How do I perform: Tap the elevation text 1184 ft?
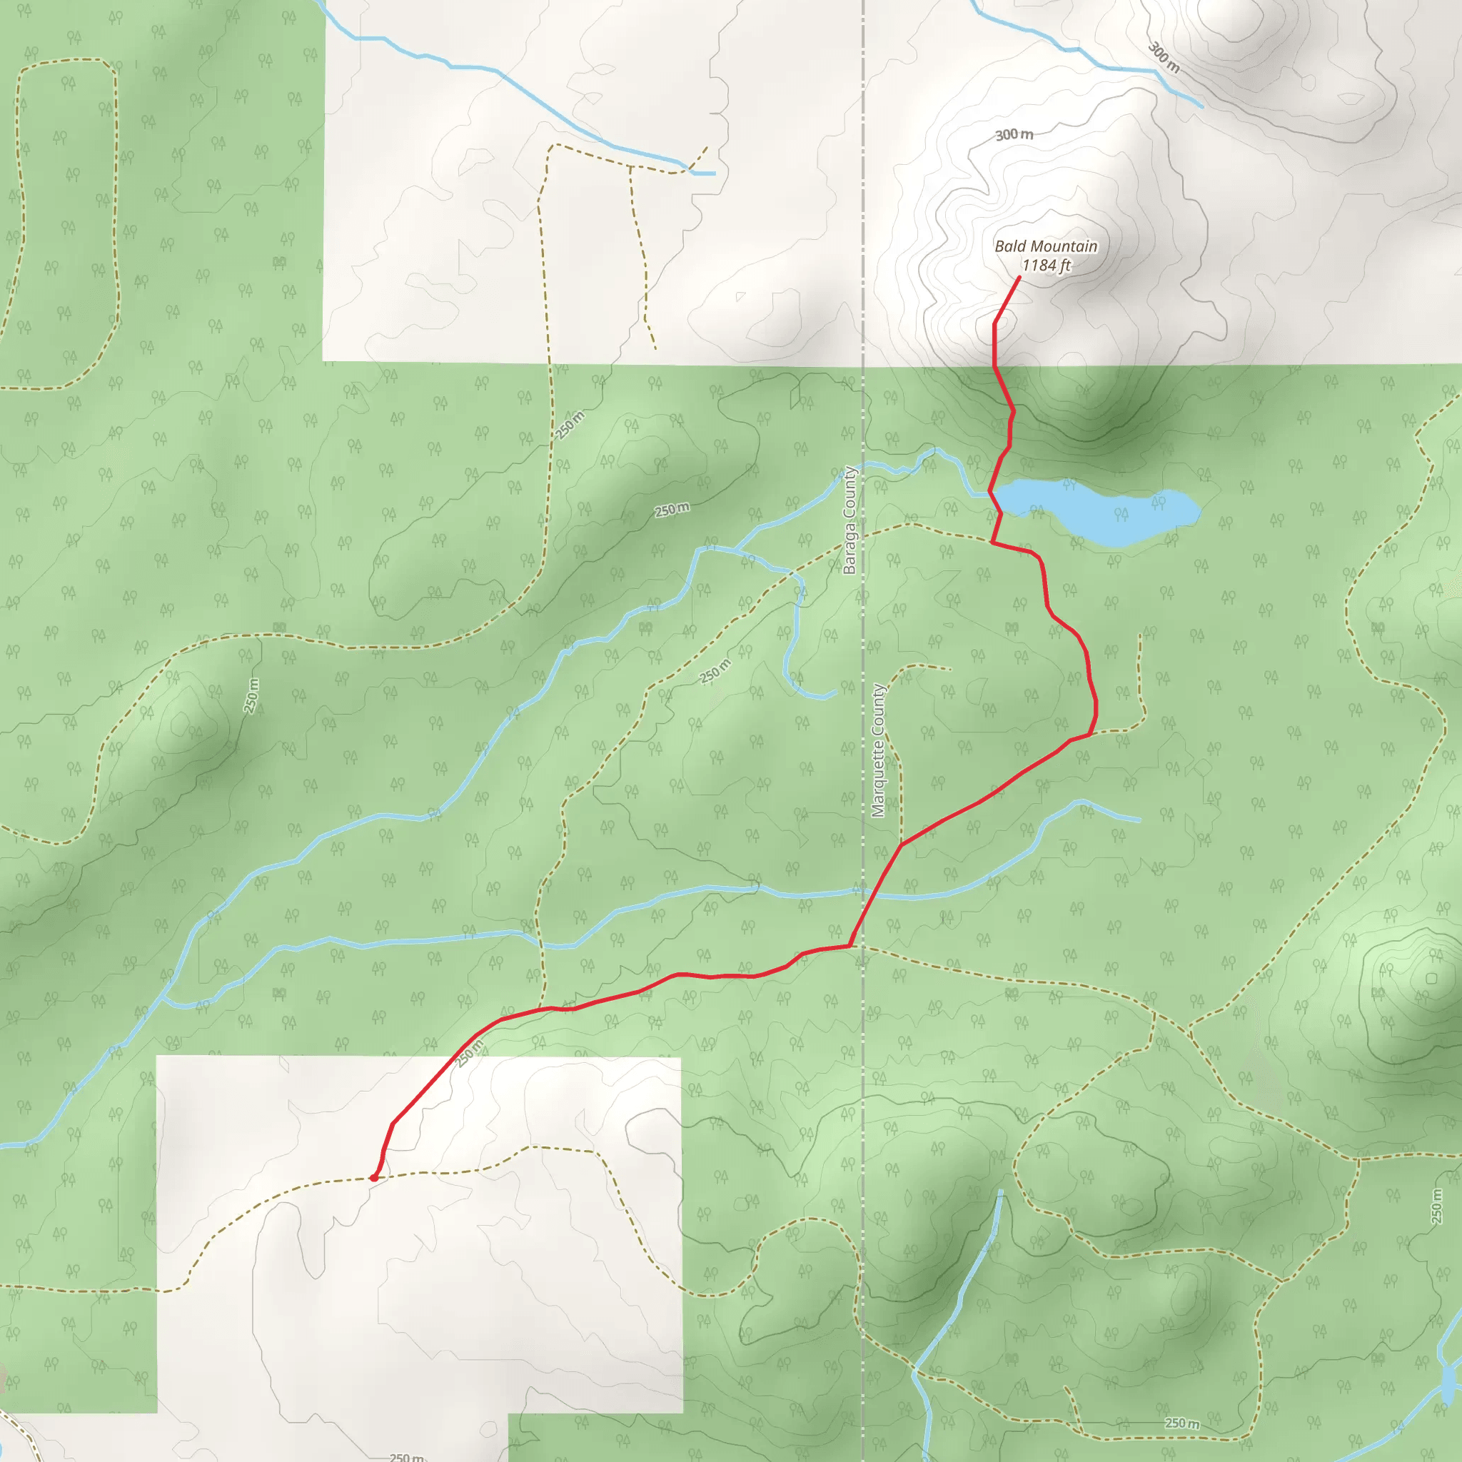point(1046,266)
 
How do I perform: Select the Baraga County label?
point(850,520)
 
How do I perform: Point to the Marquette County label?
point(879,751)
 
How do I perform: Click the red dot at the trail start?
point(374,1177)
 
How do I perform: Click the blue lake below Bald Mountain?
point(1097,512)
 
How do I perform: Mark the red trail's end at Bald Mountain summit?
point(1019,277)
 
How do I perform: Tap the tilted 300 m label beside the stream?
point(1164,58)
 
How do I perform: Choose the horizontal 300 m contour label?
point(1014,135)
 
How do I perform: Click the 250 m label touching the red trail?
point(470,1054)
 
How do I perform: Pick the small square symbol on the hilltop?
point(1432,979)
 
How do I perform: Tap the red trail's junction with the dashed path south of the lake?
point(992,542)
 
